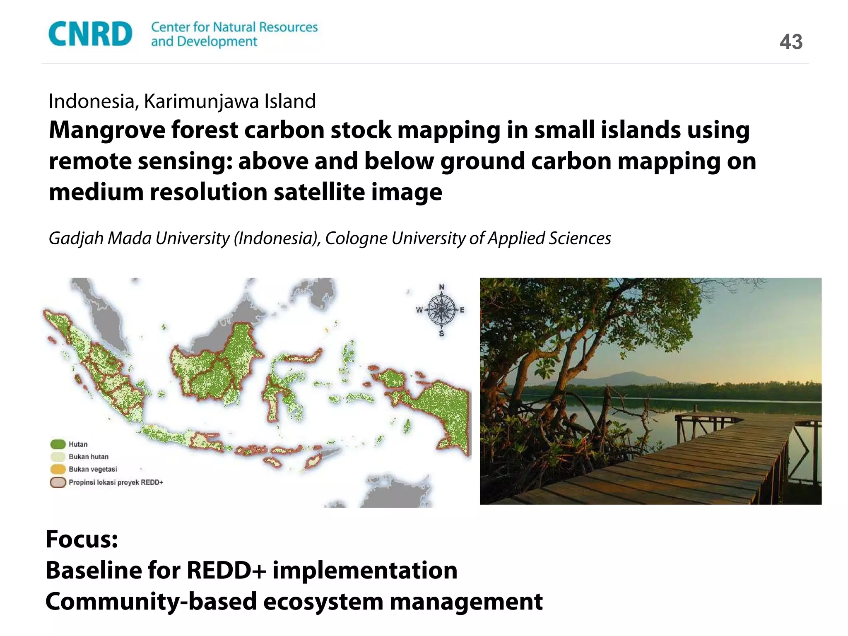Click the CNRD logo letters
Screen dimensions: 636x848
tap(90, 34)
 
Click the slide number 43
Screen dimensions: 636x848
tap(791, 42)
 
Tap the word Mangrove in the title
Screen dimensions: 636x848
tap(107, 130)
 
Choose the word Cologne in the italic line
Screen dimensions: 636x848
tap(356, 238)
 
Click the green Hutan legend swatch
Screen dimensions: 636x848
tap(58, 444)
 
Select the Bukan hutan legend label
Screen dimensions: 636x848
tap(89, 457)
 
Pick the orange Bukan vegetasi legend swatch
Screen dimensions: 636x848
tap(58, 469)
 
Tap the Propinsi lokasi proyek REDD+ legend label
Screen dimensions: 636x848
tap(116, 482)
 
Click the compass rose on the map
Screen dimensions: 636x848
tap(441, 310)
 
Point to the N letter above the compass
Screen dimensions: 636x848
tap(441, 287)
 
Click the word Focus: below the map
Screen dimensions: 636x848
tap(82, 540)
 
